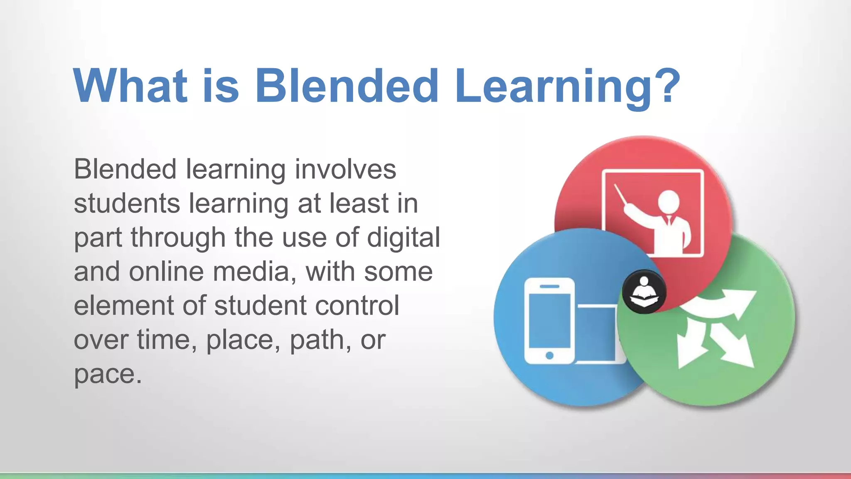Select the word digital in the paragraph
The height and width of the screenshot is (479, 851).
coord(403,239)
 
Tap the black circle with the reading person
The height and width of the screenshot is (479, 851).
coord(644,291)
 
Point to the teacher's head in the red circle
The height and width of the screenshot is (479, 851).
coord(669,202)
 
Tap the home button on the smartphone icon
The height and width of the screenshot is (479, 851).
coord(549,355)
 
